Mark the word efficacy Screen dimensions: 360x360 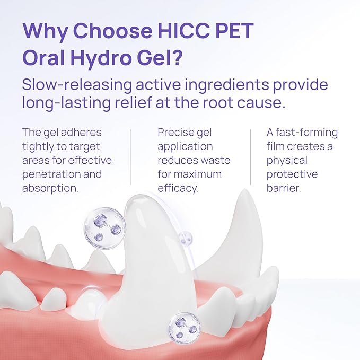click(179, 188)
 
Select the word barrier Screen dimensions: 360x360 click(283, 188)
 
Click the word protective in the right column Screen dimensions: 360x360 click(292, 174)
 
